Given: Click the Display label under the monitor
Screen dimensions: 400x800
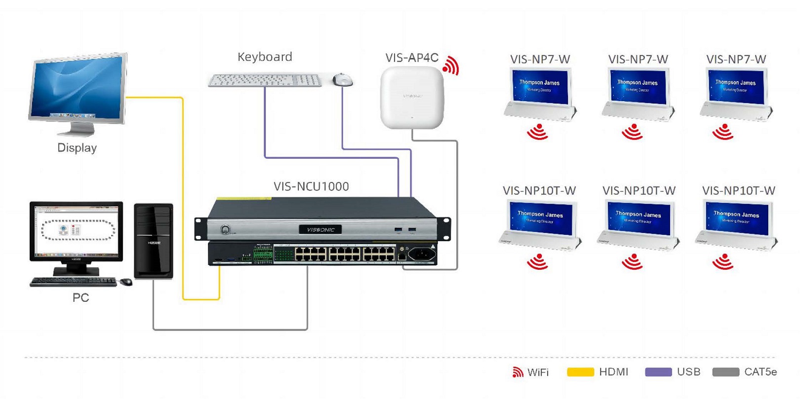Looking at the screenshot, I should coord(77,148).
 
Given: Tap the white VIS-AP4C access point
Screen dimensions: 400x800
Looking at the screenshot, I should coord(412,98).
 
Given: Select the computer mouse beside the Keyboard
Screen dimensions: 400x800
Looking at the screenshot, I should coord(342,79).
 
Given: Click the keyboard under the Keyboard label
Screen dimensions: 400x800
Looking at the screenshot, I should coord(265,80).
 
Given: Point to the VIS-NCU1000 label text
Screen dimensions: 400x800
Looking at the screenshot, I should coord(311,186).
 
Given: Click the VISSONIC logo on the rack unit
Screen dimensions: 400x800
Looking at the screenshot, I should coord(320,230).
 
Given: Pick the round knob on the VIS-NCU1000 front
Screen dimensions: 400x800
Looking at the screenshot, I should coord(226,230).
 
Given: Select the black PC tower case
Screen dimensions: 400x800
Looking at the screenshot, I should coord(154,241).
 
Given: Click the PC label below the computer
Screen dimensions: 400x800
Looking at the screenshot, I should coord(80,298).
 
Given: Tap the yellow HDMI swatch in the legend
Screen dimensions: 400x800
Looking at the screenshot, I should coord(580,372).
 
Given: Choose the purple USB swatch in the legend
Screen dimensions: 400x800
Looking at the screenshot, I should coord(658,372).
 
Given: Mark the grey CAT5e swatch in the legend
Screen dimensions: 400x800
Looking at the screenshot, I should coord(725,372).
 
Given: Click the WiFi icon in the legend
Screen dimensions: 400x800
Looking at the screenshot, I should coord(518,372).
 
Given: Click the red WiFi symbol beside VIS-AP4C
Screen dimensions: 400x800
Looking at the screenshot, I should coord(451,66).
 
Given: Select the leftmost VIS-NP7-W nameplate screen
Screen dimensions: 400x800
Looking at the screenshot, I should coord(540,87).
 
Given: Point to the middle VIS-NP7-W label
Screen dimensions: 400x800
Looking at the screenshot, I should coord(638,60).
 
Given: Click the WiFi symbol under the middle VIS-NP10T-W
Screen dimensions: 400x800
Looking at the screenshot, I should coord(633,262).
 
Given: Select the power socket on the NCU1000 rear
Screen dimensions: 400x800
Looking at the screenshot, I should coord(422,255).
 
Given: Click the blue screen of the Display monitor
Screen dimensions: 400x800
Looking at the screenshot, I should coord(78,87).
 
